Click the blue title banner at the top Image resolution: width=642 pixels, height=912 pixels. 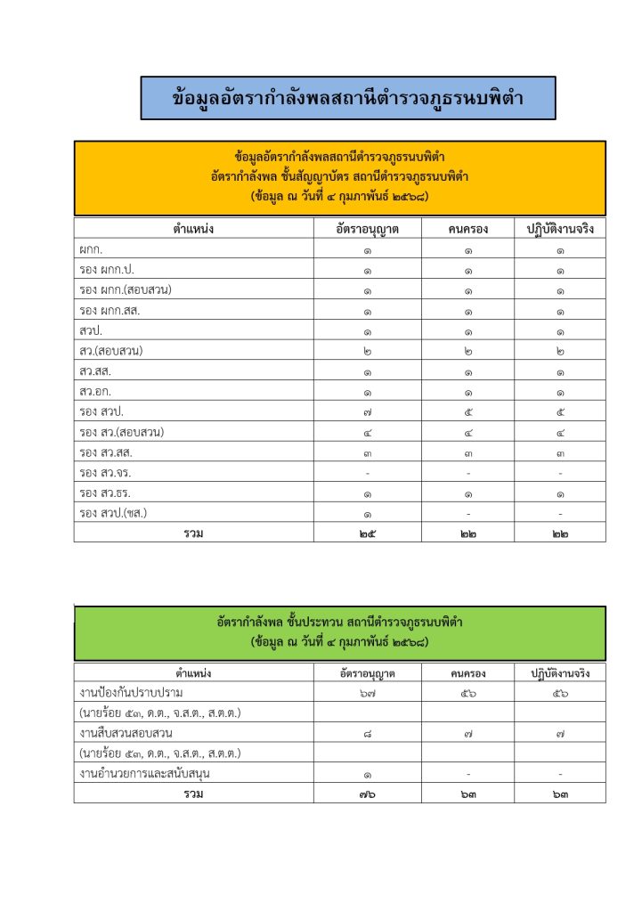point(348,98)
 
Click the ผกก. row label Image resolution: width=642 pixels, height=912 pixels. point(91,250)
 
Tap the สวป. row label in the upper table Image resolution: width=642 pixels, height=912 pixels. point(91,330)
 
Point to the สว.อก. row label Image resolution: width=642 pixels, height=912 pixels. point(95,391)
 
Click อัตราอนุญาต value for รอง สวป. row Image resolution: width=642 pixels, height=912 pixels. point(367,411)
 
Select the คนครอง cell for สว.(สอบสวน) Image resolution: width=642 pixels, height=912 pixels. point(467,351)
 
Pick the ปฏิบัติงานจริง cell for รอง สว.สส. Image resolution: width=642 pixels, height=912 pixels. point(560,452)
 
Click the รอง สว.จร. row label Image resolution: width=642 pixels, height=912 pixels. point(105,472)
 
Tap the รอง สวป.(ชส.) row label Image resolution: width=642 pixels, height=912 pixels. point(113,513)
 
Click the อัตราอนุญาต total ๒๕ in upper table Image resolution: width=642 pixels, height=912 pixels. point(367,533)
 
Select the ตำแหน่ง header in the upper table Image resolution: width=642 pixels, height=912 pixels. point(193,229)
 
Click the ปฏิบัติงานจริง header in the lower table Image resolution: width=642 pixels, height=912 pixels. point(560,672)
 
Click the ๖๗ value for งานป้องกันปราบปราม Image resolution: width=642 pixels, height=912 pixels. point(367,692)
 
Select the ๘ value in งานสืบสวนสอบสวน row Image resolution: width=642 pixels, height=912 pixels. point(367,733)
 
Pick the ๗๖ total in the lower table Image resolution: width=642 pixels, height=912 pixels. point(367,794)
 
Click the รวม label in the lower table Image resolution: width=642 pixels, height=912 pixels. point(193,794)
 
